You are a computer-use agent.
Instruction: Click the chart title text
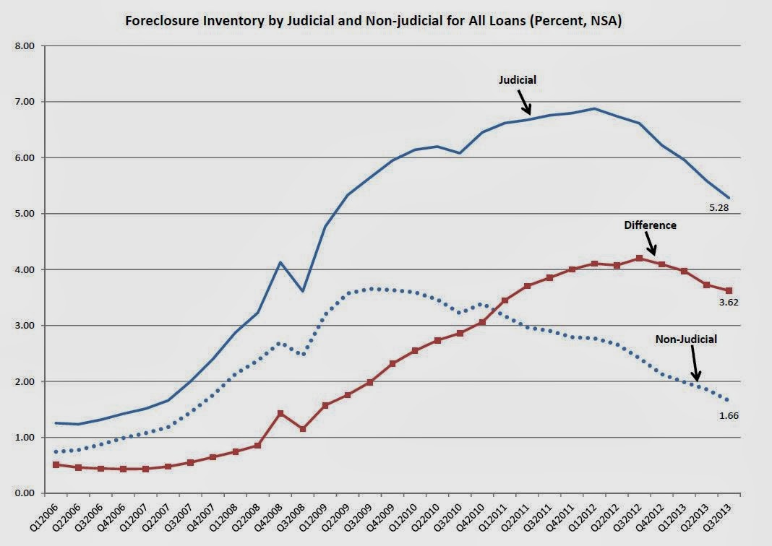(x=374, y=21)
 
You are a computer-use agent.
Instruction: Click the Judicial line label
(x=518, y=80)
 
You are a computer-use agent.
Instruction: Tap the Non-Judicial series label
(x=686, y=338)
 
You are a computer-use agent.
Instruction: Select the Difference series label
(x=651, y=225)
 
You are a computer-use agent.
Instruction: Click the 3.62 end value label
(x=727, y=302)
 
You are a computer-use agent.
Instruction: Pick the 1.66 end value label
(x=727, y=415)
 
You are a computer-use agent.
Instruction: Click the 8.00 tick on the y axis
(x=25, y=46)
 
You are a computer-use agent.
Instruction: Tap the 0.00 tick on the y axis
(x=25, y=493)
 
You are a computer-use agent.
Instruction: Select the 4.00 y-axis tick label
(x=25, y=270)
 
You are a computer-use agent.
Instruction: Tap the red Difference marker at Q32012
(x=639, y=258)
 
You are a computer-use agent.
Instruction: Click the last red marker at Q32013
(x=729, y=290)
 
